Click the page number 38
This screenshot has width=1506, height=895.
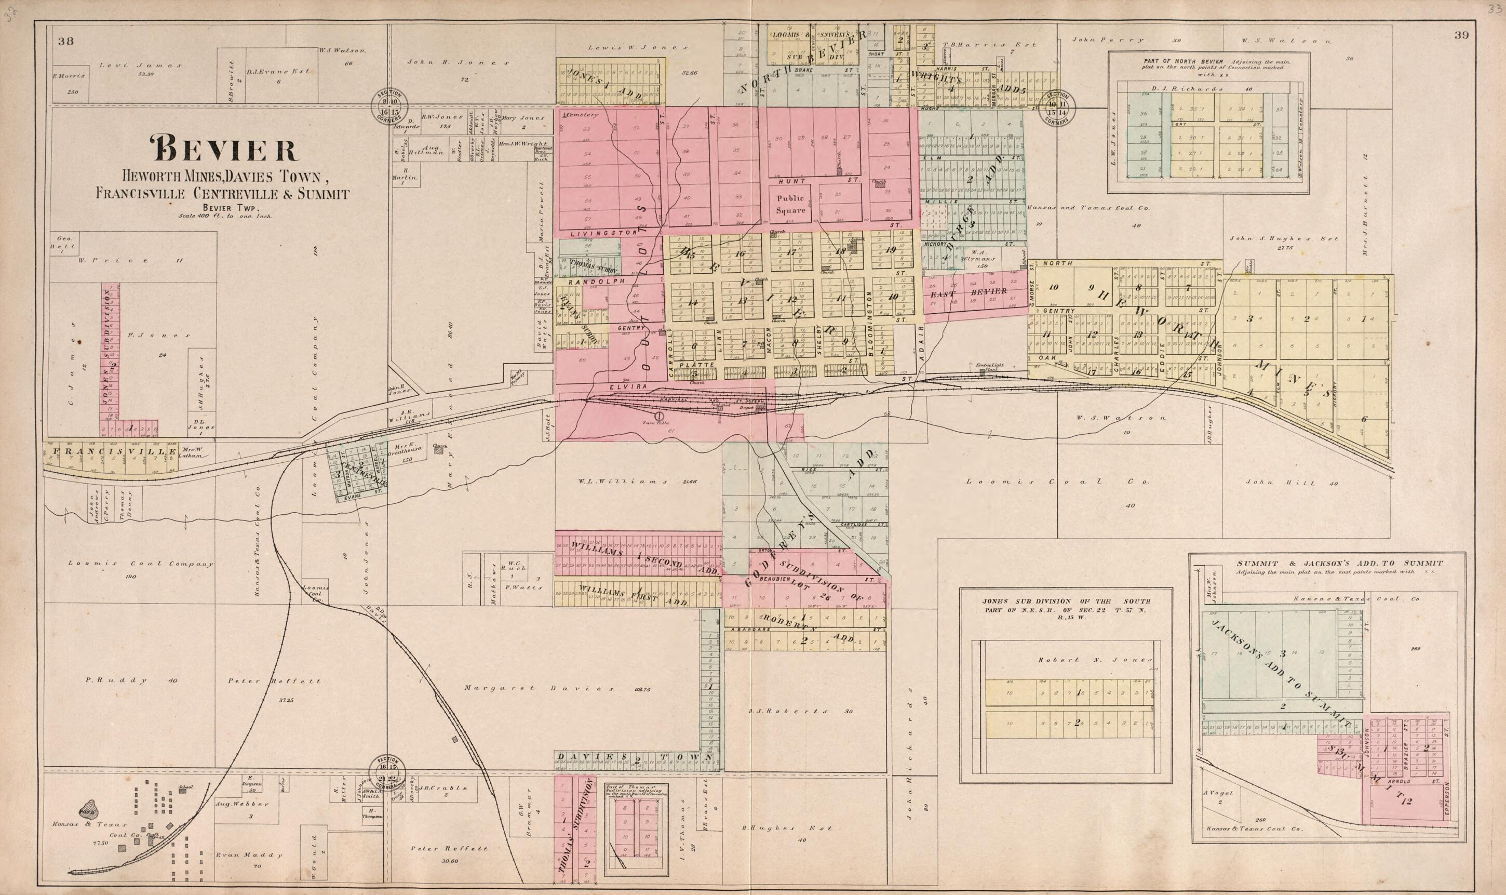[66, 41]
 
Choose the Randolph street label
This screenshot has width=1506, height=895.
[582, 282]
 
